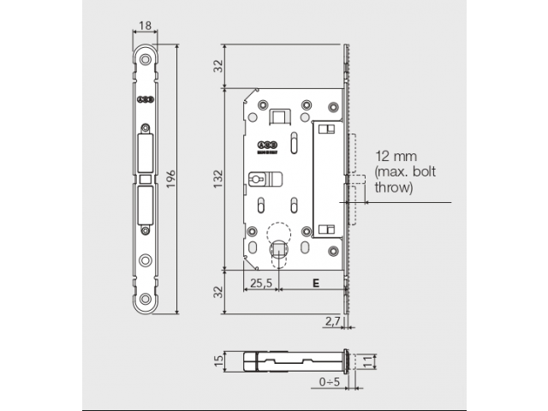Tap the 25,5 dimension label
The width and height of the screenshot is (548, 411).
[x=260, y=282]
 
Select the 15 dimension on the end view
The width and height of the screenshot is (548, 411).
[x=218, y=360]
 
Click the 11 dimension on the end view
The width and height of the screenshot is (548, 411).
[x=368, y=360]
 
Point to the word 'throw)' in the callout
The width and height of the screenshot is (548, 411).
[x=394, y=187]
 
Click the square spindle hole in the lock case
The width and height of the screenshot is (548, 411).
[x=278, y=249]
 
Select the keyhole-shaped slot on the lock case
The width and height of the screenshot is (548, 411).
[x=258, y=181]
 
